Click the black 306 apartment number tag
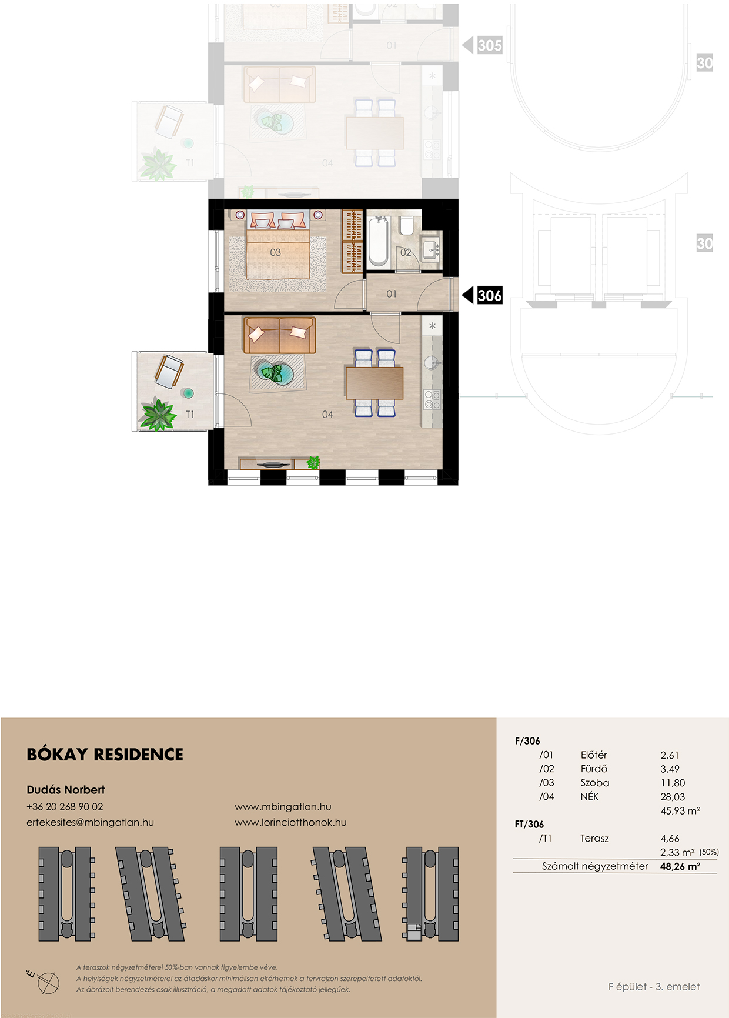pyautogui.click(x=489, y=295)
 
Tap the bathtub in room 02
pyautogui.click(x=377, y=241)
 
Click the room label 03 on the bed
pyautogui.click(x=275, y=252)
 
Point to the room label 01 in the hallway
pyautogui.click(x=392, y=293)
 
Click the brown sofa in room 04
pyautogui.click(x=279, y=335)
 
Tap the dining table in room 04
pyautogui.click(x=374, y=383)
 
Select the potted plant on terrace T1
pyautogui.click(x=157, y=413)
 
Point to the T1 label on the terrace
pyautogui.click(x=189, y=415)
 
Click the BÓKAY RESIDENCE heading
pyautogui.click(x=105, y=755)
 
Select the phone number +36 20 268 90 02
pyautogui.click(x=65, y=807)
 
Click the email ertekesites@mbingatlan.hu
pyautogui.click(x=90, y=822)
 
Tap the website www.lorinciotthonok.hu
pyautogui.click(x=290, y=822)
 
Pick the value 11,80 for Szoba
pyautogui.click(x=673, y=783)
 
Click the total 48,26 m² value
pyautogui.click(x=680, y=866)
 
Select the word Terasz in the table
pyautogui.click(x=594, y=838)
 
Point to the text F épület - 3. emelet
pyautogui.click(x=654, y=987)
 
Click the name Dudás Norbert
pyautogui.click(x=66, y=790)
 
